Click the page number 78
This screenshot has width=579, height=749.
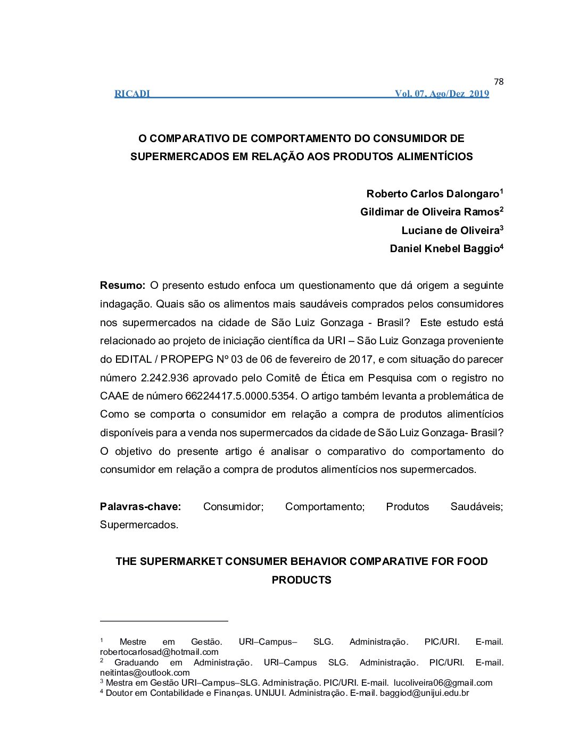[x=498, y=81]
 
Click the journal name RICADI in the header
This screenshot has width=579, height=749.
[x=132, y=94]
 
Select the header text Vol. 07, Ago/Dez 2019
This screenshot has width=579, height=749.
[x=442, y=94]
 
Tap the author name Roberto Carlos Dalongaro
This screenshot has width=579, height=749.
[x=433, y=194]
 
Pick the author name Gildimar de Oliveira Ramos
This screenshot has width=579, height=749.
[x=429, y=212]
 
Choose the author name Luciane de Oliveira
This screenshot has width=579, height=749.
[x=450, y=230]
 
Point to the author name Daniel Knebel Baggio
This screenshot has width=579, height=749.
[x=444, y=248]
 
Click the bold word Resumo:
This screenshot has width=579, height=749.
[x=122, y=286]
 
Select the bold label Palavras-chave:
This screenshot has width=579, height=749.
[x=140, y=506]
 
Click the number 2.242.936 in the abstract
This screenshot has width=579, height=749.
[x=164, y=378]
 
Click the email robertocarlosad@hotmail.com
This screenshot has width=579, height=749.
[x=159, y=652]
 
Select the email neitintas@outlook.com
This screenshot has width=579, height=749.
[x=145, y=672]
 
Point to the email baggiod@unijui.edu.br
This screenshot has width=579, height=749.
[x=424, y=693]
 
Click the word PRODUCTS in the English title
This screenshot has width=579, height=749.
[x=301, y=580]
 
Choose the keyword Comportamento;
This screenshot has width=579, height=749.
[x=325, y=506]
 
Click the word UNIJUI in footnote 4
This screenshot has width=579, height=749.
[x=269, y=693]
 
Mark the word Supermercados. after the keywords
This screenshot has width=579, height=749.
[x=139, y=525]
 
